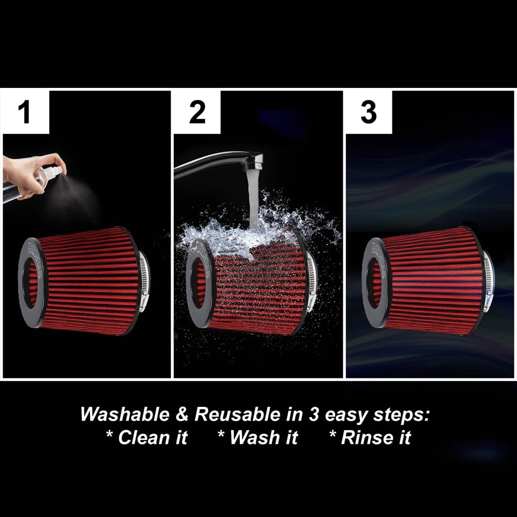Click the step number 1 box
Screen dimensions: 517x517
25,112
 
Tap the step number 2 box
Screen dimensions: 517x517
197,112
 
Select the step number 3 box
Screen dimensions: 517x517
368,112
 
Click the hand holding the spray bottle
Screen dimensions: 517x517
26,173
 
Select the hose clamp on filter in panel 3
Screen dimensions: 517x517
488,282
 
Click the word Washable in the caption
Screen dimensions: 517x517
124,415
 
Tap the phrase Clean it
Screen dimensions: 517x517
147,438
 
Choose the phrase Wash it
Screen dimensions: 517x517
258,438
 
